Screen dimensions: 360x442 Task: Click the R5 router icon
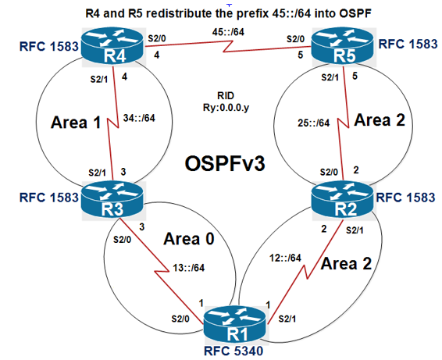coord(340,49)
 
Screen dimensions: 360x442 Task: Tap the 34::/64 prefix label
coord(140,119)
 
